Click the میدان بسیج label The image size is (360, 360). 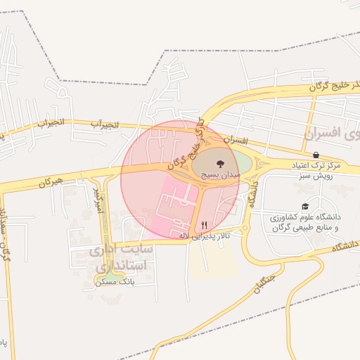click(x=221, y=172)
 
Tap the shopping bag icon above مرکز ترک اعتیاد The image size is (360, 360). click(x=316, y=155)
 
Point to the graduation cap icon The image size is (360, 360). click(x=304, y=207)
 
